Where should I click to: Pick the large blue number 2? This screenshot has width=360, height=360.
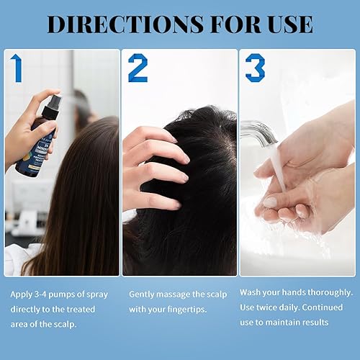(138, 68)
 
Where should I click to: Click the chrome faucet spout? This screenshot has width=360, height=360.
(259, 132)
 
